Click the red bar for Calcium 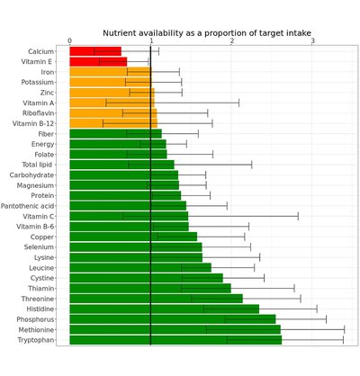click(x=94, y=51)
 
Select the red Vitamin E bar click(x=97, y=62)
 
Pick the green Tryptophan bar click(x=175, y=340)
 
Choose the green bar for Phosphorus click(x=172, y=319)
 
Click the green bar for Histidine click(x=164, y=309)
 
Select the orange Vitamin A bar click(x=112, y=103)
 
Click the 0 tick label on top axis click(x=70, y=40)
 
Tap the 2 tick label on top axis click(x=232, y=40)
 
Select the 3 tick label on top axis click(x=313, y=40)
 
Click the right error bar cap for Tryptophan click(x=343, y=340)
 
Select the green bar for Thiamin click(x=149, y=288)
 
